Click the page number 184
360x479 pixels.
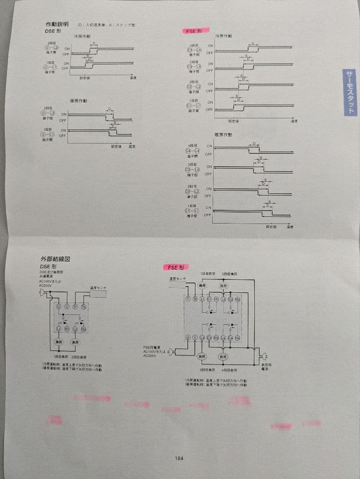click(179, 459)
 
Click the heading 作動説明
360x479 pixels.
click(57, 24)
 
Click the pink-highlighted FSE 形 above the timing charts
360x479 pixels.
click(194, 31)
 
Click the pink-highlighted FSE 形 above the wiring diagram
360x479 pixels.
click(177, 267)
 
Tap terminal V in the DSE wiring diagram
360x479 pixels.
click(67, 306)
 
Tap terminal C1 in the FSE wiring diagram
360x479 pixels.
click(209, 300)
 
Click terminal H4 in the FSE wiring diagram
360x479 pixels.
click(237, 338)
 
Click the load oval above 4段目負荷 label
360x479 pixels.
click(223, 356)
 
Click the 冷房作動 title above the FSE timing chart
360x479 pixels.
click(223, 35)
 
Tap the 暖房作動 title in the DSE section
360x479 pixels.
click(79, 101)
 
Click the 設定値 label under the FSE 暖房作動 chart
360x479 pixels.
click(271, 227)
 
